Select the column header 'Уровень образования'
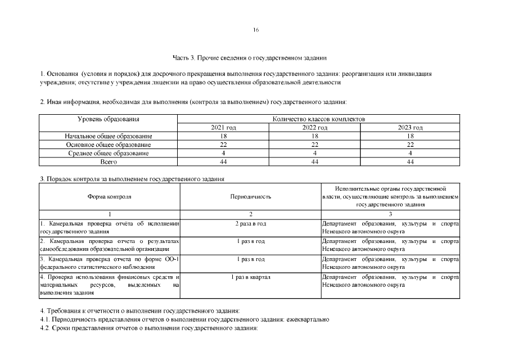tap(108, 119)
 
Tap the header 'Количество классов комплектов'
tap(318, 119)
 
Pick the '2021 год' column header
tap(223, 128)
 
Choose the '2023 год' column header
tap(410, 128)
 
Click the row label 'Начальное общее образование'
tap(108, 136)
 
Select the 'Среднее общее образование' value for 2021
tap(223, 153)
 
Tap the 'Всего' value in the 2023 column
tap(410, 161)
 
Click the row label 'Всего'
tap(108, 161)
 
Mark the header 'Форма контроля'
tap(110, 197)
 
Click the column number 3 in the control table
tap(390, 214)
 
